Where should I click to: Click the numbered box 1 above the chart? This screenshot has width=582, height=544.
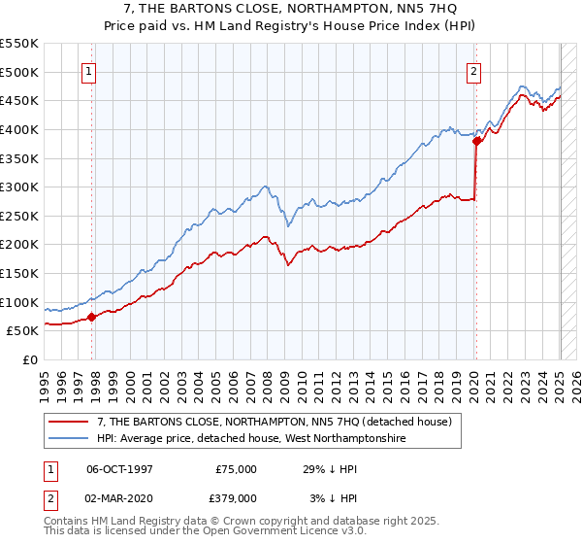88,70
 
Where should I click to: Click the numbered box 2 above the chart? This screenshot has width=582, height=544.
473,70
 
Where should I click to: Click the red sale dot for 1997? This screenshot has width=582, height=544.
91,316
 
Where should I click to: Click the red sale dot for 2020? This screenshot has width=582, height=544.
476,141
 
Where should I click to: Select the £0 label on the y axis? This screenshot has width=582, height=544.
31,359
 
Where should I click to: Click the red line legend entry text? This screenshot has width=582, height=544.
274,422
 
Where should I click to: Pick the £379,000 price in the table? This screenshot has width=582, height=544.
236,497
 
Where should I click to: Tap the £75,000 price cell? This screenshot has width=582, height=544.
236,468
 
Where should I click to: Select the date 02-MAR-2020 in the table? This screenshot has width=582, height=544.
118,497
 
